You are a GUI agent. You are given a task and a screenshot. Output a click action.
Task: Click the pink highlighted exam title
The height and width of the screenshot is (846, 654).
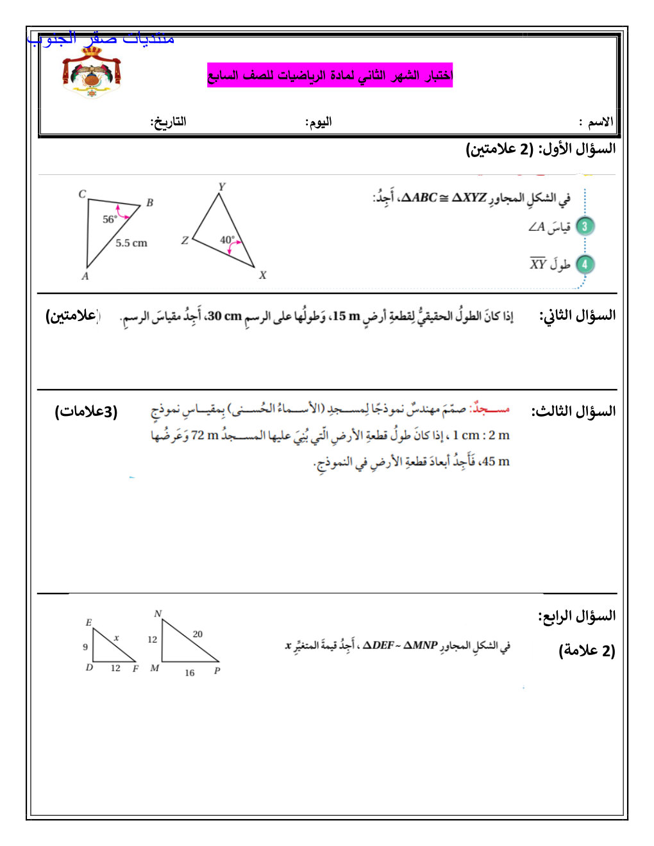[x=330, y=75]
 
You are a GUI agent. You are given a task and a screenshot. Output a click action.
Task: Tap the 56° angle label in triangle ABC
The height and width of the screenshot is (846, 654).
[x=110, y=219]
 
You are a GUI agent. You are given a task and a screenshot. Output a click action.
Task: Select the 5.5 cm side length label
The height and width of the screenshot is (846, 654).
[x=131, y=243]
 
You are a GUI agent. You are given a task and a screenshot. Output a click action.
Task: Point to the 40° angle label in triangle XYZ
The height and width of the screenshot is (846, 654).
[x=228, y=240]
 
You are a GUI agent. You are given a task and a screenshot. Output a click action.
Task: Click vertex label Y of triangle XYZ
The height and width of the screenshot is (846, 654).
[x=222, y=187]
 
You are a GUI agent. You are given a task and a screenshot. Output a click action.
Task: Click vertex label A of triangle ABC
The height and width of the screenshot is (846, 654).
[x=85, y=276]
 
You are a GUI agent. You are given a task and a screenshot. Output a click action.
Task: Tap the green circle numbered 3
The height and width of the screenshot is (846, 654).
[x=584, y=226]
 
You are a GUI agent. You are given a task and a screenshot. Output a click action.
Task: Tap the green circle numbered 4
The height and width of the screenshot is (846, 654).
[x=584, y=264]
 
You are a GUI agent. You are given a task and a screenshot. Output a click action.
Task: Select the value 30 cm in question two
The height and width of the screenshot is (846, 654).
[x=224, y=316]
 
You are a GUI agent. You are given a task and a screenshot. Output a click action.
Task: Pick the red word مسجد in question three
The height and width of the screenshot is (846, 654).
[x=491, y=409]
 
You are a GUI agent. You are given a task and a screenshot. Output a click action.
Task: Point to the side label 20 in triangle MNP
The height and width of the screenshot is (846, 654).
[x=197, y=634]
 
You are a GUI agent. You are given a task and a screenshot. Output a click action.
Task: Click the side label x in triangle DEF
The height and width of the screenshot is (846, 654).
[x=116, y=638]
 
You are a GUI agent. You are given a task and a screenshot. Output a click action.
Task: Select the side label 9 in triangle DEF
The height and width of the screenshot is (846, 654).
[x=85, y=647]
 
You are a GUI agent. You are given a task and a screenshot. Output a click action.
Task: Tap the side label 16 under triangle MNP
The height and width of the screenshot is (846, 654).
[x=190, y=672]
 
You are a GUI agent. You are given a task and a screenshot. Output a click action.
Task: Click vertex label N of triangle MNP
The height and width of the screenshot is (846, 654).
[x=158, y=613]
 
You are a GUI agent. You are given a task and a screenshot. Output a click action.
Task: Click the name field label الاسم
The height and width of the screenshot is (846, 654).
[x=600, y=122]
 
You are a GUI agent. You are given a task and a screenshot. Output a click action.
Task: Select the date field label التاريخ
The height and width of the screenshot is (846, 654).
[x=168, y=121]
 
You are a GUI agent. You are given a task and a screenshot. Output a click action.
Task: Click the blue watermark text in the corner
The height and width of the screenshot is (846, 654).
[x=101, y=38]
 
